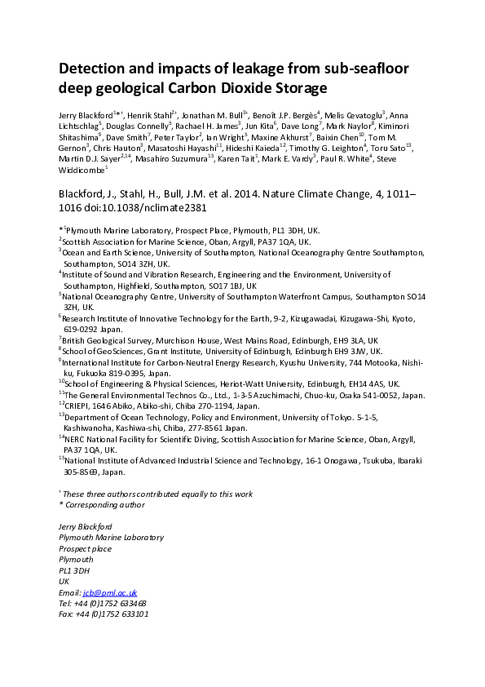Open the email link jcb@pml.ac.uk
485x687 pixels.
(x=109, y=592)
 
